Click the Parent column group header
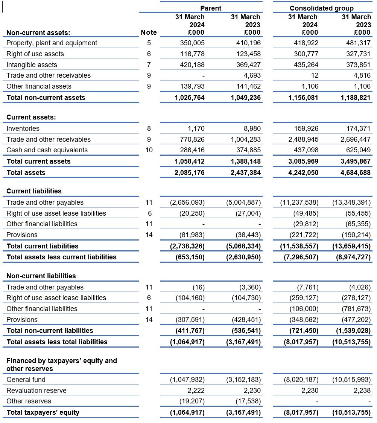[x=211, y=8]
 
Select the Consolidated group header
[x=322, y=8]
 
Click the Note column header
[x=149, y=32]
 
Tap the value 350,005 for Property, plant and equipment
[x=192, y=43]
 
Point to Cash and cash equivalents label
[x=47, y=150]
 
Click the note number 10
[x=149, y=150]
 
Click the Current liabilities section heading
[x=34, y=191]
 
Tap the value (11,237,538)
[x=299, y=202]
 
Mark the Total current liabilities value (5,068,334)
[x=243, y=246]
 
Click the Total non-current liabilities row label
[x=50, y=331]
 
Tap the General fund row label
[x=26, y=380]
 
